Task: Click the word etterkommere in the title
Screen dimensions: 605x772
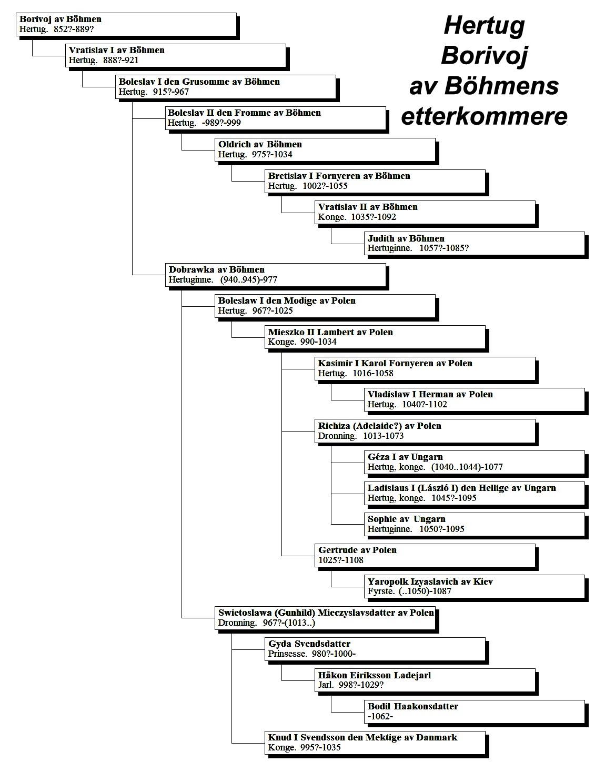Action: click(x=485, y=116)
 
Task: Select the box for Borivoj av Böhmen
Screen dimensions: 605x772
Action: click(x=126, y=24)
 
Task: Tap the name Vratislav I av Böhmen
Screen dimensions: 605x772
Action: click(x=117, y=50)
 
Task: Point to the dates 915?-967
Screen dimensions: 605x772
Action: click(x=171, y=92)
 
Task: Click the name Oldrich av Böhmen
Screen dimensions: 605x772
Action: click(x=260, y=144)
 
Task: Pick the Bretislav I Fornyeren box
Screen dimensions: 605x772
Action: click(x=375, y=181)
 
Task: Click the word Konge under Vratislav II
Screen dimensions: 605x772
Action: click(x=332, y=217)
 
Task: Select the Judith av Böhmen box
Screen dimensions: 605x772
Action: click(x=475, y=243)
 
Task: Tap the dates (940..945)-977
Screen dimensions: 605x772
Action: click(x=248, y=279)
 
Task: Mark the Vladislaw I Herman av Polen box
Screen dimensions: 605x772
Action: click(x=475, y=399)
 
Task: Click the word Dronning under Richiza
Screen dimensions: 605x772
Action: click(x=337, y=436)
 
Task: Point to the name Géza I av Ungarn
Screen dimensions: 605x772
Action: click(x=405, y=457)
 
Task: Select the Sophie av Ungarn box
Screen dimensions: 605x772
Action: click(x=475, y=524)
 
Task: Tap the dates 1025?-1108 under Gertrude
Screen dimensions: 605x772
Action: click(x=341, y=560)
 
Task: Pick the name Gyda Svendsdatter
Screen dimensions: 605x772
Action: click(x=309, y=644)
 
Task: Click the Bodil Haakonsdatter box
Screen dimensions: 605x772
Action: click(x=475, y=711)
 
